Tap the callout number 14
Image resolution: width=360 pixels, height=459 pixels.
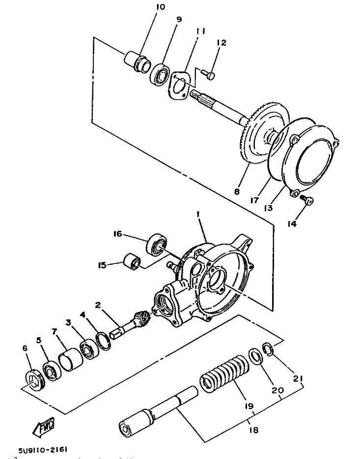pos(292,224)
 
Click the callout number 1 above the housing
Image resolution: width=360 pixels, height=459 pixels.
pos(198,215)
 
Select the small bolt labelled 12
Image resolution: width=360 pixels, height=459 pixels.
pos(208,75)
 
